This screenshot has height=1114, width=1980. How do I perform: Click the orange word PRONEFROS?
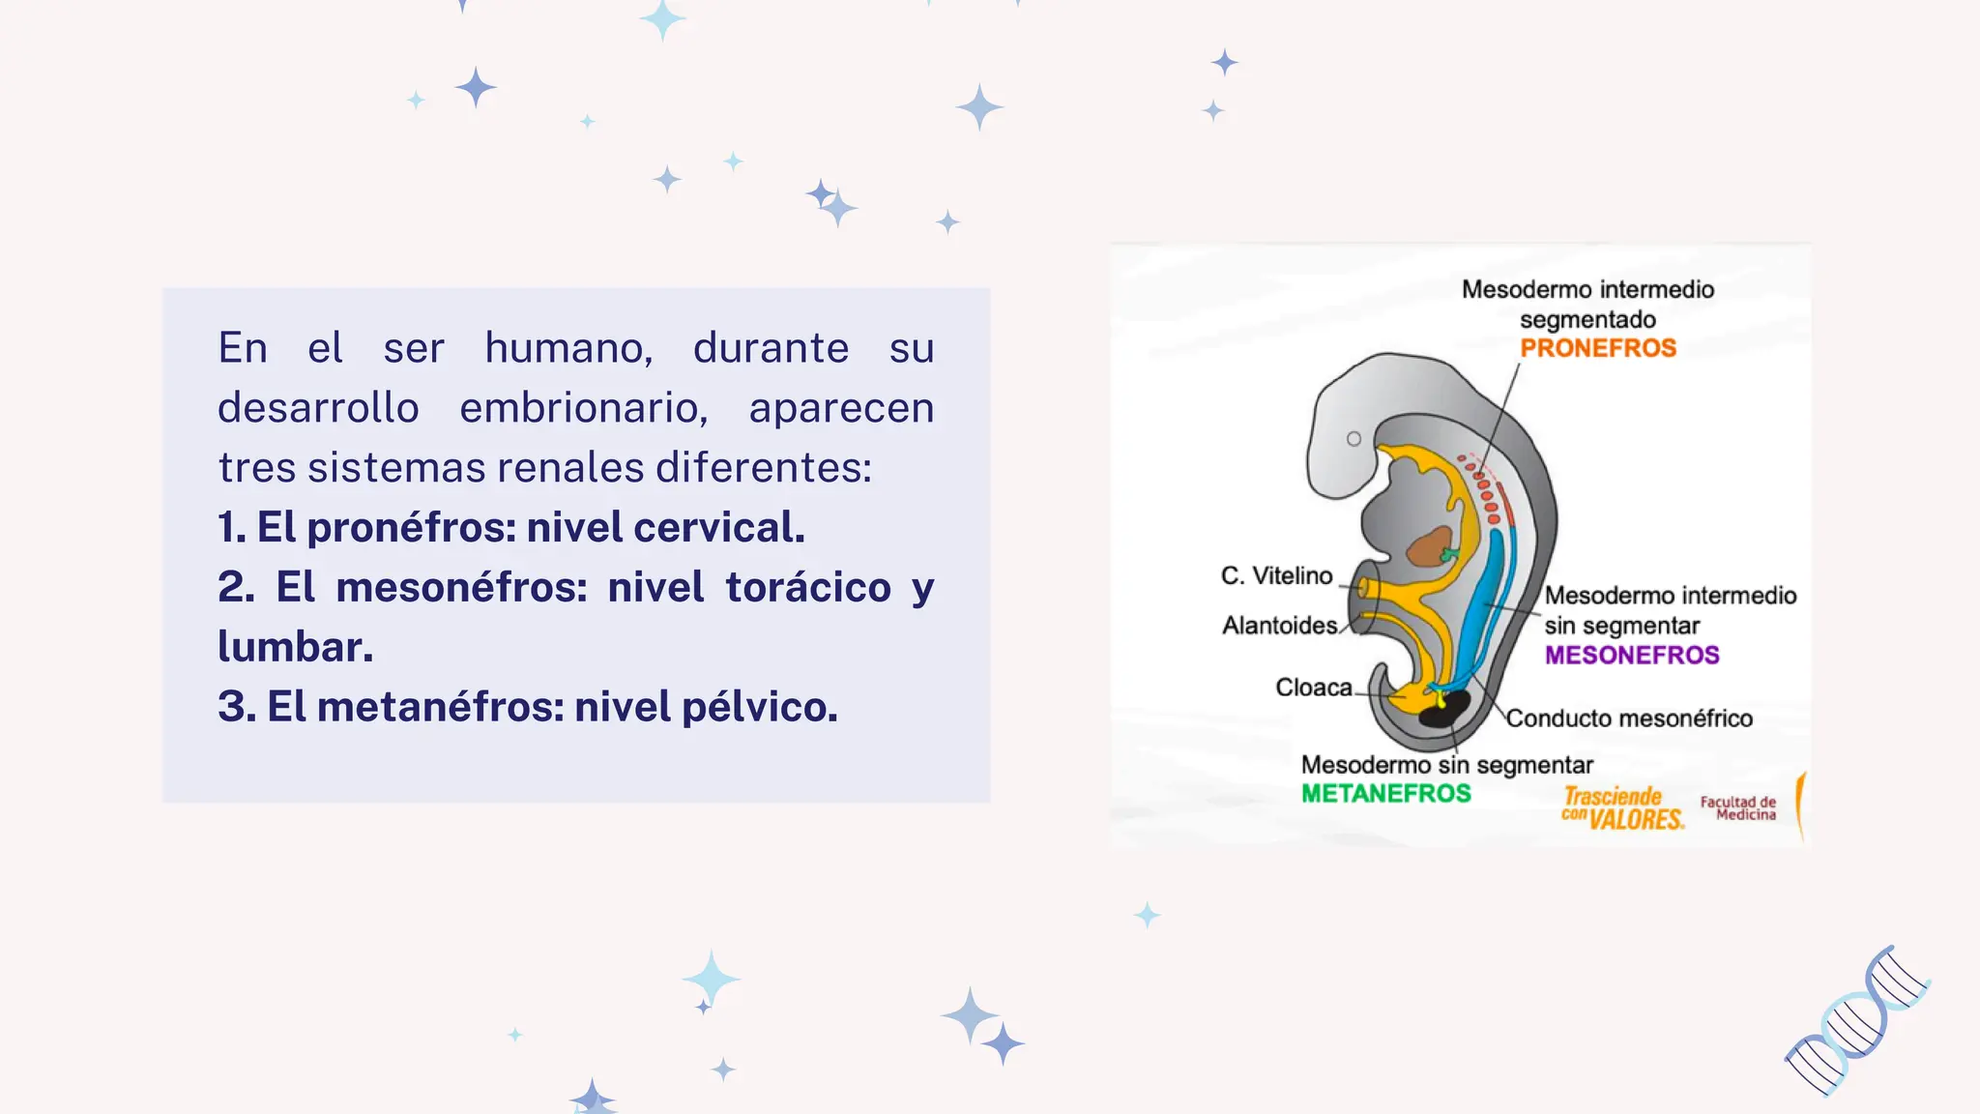point(1597,348)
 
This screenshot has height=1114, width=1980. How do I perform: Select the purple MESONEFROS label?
point(1631,656)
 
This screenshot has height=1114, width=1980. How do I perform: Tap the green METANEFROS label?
point(1385,794)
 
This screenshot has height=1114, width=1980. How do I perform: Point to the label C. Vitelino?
point(1276,576)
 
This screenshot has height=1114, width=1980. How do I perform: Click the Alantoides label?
point(1279,626)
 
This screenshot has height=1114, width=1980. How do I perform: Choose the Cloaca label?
point(1313,688)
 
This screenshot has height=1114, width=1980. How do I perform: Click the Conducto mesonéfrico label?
point(1629,718)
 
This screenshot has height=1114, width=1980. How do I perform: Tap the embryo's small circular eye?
point(1354,439)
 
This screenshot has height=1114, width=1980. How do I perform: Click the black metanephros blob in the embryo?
point(1443,710)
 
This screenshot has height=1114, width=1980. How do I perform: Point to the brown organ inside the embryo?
point(1429,547)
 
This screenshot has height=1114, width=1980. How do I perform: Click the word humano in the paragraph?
point(568,348)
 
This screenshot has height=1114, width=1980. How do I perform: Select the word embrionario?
point(583,408)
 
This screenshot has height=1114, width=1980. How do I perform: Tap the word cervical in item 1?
point(718,528)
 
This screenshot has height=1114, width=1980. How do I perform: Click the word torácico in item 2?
point(808,588)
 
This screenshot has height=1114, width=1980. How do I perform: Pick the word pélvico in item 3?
point(759,708)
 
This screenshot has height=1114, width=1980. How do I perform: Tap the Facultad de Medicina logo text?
point(1738,808)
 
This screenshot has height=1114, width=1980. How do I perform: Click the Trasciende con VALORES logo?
point(1621,808)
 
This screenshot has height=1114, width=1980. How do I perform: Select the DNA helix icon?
point(1856,1021)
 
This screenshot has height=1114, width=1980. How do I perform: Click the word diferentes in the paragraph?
point(763,468)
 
